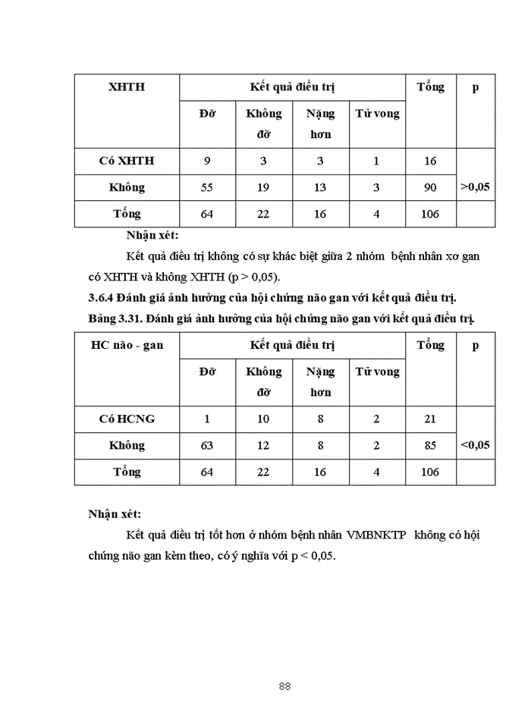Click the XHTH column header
click(x=127, y=87)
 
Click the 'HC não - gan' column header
click(x=127, y=345)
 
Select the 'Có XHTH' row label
click(x=127, y=161)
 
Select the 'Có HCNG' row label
click(x=127, y=419)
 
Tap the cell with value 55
click(x=207, y=187)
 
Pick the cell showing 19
click(x=263, y=187)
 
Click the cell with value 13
click(x=319, y=187)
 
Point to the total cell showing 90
click(x=430, y=187)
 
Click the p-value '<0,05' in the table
click(x=475, y=444)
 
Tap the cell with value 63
click(x=207, y=445)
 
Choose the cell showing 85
click(x=430, y=445)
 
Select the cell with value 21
click(x=430, y=419)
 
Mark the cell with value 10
click(x=263, y=419)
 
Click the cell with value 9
click(x=207, y=161)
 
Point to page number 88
click(x=285, y=686)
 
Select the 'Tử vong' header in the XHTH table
click(x=377, y=115)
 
